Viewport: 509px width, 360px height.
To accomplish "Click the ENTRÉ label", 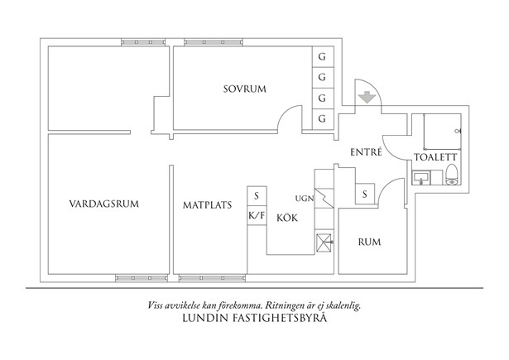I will [x=366, y=152].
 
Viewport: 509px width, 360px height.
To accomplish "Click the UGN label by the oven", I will [x=304, y=199].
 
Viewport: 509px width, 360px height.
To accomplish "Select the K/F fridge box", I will [x=257, y=214].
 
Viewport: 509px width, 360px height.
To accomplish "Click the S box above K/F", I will [x=257, y=196].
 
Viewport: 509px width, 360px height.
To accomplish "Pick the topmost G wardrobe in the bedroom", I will [x=322, y=57].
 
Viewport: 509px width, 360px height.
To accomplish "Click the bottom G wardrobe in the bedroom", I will [x=322, y=119].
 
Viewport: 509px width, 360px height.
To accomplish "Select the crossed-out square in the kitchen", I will [x=324, y=242].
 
